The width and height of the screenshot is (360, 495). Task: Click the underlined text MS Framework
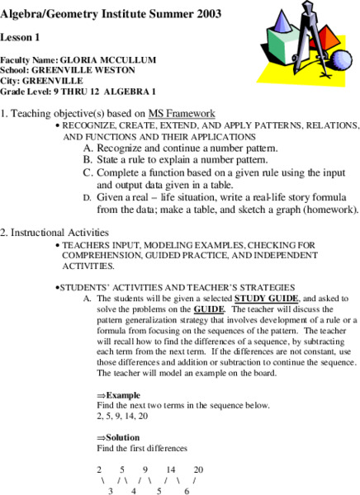(x=182, y=113)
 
